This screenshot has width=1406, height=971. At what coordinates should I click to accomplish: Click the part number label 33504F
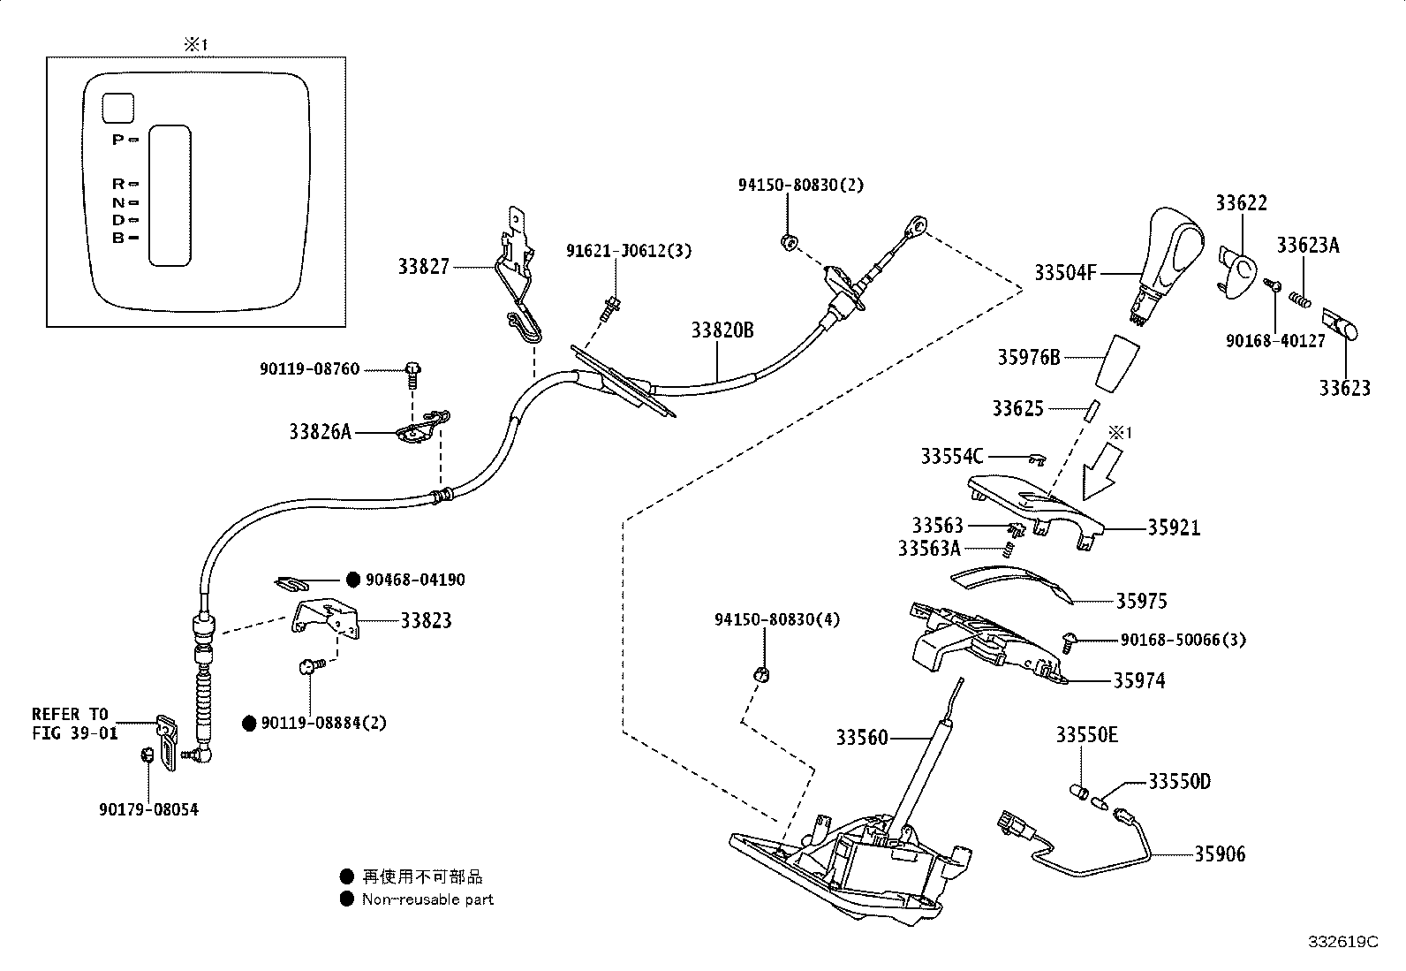click(x=1065, y=274)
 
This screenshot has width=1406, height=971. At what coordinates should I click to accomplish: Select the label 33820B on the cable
click(x=722, y=330)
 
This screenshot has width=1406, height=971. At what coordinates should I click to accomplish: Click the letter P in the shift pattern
click(x=117, y=140)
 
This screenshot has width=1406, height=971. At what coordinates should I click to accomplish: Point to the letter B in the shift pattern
click(x=117, y=238)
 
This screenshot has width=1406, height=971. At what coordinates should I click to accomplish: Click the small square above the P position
click(x=117, y=108)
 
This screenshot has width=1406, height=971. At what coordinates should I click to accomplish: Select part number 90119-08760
click(x=310, y=368)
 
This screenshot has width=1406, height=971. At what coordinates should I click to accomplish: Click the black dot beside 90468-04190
click(x=352, y=580)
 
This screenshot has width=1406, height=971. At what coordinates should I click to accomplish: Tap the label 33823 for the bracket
click(x=426, y=620)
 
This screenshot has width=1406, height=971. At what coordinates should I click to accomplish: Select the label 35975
click(x=1141, y=601)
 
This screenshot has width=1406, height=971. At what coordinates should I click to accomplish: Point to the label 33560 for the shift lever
click(x=862, y=737)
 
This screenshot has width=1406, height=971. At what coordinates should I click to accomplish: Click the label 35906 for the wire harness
click(x=1220, y=853)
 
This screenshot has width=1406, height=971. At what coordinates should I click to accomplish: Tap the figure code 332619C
click(x=1342, y=942)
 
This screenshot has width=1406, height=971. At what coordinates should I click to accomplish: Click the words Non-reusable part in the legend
click(x=427, y=899)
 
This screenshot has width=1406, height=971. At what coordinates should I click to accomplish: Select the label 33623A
click(x=1307, y=246)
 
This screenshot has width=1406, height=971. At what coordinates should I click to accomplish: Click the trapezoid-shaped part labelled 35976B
click(x=1116, y=361)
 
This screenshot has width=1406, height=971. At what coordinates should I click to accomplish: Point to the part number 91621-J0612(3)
click(x=629, y=251)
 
